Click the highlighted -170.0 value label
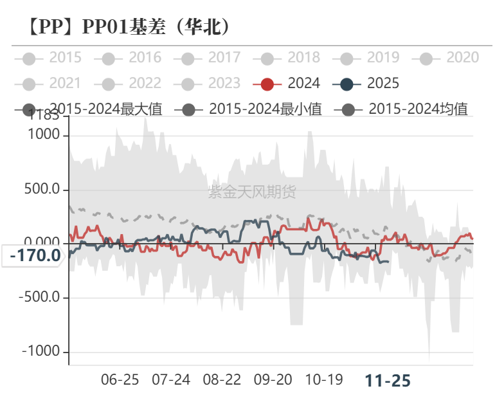[35, 255]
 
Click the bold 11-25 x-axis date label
[388, 380]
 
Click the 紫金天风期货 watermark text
[252, 191]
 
